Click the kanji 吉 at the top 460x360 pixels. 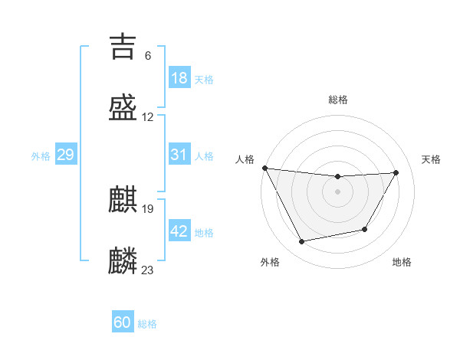(123, 47)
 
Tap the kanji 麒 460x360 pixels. (123, 200)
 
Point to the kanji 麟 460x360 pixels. (123, 260)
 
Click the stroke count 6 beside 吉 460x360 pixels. (147, 56)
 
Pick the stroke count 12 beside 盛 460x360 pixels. (148, 117)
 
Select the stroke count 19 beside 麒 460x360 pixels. (148, 208)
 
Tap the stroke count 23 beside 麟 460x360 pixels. (148, 270)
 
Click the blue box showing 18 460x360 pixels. (179, 78)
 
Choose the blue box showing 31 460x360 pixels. (179, 155)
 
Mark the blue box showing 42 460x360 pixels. (179, 231)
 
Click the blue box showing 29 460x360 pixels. (65, 155)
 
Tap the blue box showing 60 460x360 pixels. (123, 322)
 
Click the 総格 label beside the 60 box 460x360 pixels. (147, 324)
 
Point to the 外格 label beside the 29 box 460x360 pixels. (41, 156)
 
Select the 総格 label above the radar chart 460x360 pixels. (338, 100)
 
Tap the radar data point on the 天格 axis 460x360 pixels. (396, 172)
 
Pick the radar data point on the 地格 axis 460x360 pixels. (365, 229)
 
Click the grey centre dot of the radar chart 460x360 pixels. (338, 191)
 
